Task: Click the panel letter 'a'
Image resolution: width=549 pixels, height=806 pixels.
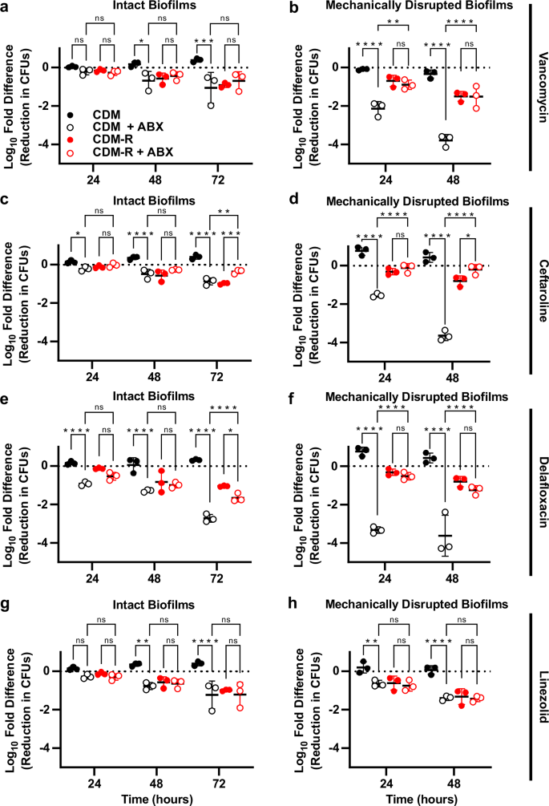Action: (6, 8)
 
